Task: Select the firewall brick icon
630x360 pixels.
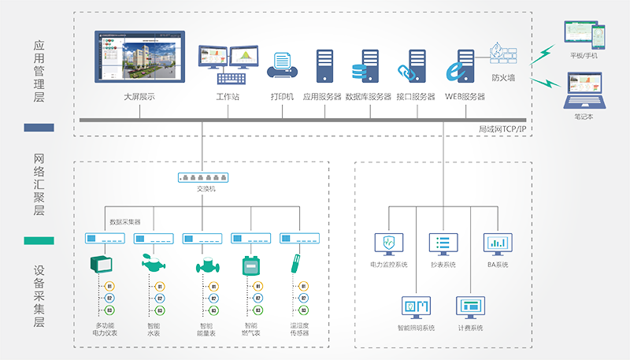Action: pyautogui.click(x=502, y=54)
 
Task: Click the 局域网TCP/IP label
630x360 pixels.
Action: pyautogui.click(x=503, y=128)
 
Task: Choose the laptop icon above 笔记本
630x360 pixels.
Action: pyautogui.click(x=584, y=91)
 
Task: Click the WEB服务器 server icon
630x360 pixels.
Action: pyautogui.click(x=462, y=66)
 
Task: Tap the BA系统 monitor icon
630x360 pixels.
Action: pyautogui.click(x=496, y=243)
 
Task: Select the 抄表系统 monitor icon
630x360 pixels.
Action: pyautogui.click(x=442, y=243)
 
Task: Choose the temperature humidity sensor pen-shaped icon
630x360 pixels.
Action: pyautogui.click(x=296, y=262)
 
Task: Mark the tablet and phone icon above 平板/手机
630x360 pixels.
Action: pyautogui.click(x=584, y=35)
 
